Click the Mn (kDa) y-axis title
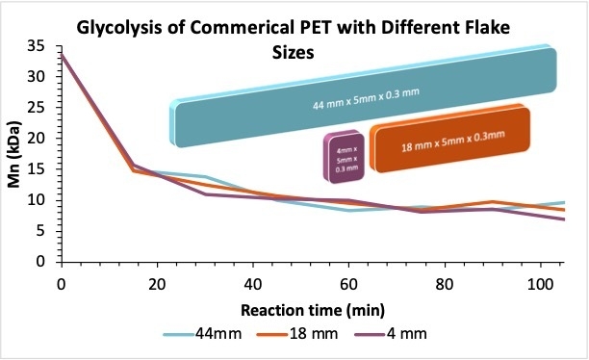point(15,154)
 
